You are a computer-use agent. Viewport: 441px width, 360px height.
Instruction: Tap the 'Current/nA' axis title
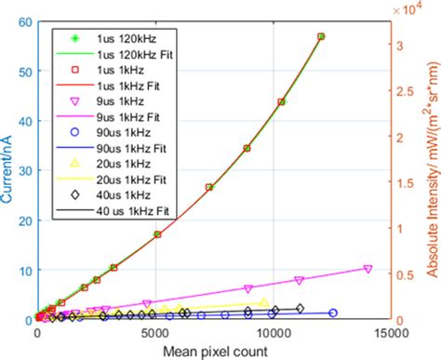click(8, 171)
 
